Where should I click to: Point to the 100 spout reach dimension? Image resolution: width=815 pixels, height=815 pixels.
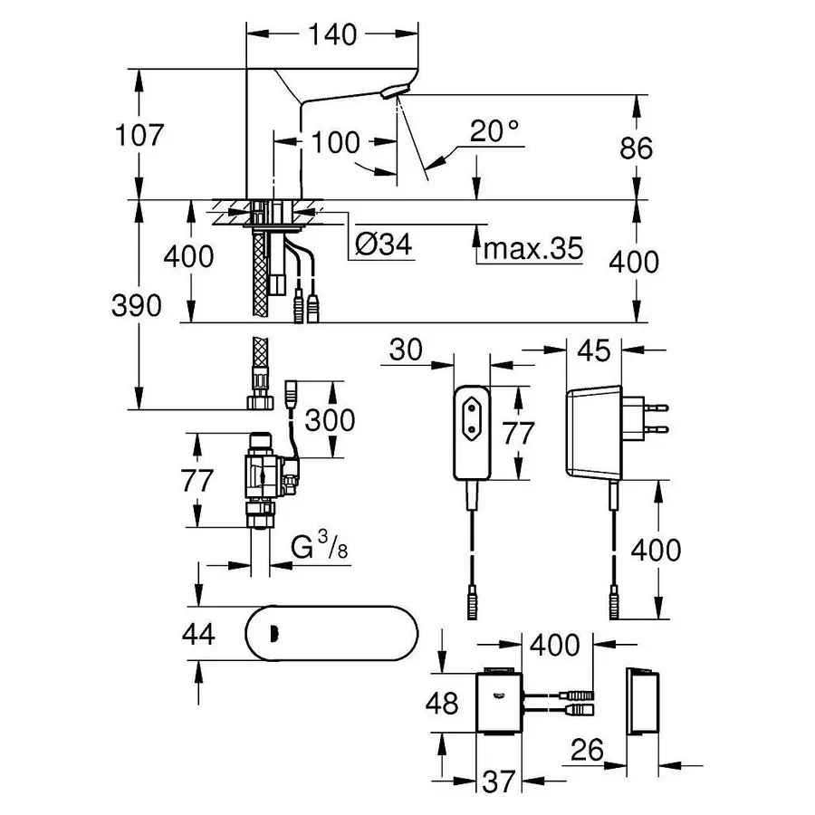[336, 142]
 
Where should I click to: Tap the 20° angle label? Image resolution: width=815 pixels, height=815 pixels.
[495, 132]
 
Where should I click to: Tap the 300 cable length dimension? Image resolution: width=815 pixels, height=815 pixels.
[330, 420]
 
